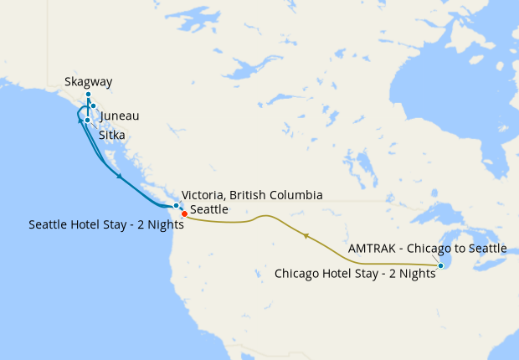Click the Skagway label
pyautogui.click(x=88, y=82)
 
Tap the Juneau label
pyautogui.click(x=119, y=116)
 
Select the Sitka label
pyautogui.click(x=112, y=134)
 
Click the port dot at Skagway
pyautogui.click(x=88, y=95)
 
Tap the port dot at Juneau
pyautogui.click(x=94, y=105)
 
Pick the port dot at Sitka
pyautogui.click(x=87, y=120)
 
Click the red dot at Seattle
pyautogui.click(x=184, y=213)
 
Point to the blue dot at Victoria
pyautogui.click(x=176, y=205)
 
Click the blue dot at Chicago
pyautogui.click(x=440, y=265)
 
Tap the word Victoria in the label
pyautogui.click(x=203, y=194)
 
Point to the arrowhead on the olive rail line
pyautogui.click(x=306, y=236)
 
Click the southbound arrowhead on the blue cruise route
pyautogui.click(x=121, y=177)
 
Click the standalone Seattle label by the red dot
pyautogui.click(x=209, y=209)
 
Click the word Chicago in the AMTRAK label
pyautogui.click(x=429, y=249)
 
